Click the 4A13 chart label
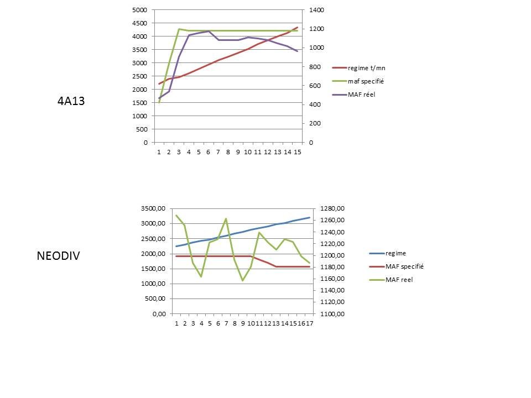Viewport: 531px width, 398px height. click(71, 101)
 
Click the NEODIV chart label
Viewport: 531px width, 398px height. click(59, 256)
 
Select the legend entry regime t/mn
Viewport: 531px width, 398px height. click(366, 68)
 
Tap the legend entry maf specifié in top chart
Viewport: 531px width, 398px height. click(366, 81)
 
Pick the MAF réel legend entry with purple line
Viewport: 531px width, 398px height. click(362, 95)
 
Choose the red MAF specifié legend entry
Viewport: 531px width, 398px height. click(400, 266)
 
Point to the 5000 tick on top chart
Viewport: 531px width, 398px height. click(140, 10)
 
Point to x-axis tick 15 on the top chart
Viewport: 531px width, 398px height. click(297, 152)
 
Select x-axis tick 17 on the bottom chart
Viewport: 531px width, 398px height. click(309, 324)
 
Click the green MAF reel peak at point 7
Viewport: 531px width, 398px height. click(226, 218)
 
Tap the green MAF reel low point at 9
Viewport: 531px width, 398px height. click(243, 280)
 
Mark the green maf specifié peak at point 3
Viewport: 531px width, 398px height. click(179, 29)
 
